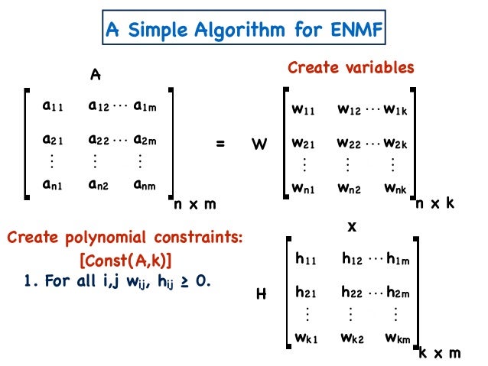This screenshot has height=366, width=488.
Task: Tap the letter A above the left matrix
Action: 96,75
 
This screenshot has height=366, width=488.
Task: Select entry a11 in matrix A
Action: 53,107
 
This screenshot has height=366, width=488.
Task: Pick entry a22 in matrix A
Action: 98,141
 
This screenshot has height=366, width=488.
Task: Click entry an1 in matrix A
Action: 54,184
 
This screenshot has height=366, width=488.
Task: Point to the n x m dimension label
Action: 194,205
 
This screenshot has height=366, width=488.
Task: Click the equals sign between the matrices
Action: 221,143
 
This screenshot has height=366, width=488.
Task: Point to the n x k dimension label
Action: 436,205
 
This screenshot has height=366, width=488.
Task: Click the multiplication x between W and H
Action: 352,227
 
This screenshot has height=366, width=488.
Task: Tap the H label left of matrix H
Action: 260,293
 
